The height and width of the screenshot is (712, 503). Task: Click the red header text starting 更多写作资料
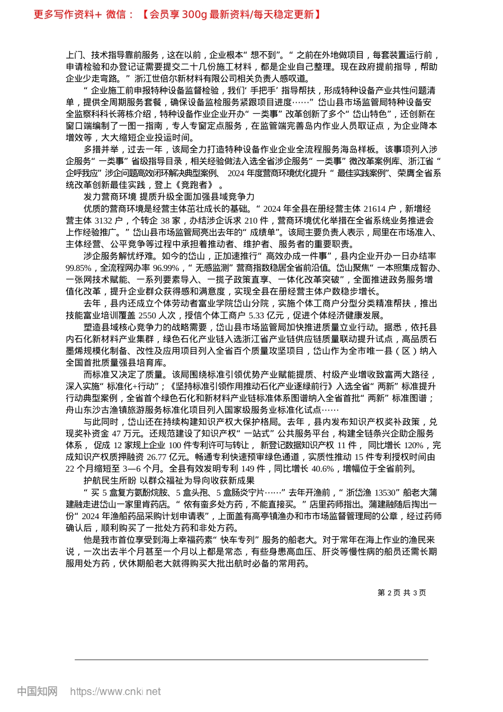point(178,14)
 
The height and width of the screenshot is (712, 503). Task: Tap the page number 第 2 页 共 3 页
point(402,593)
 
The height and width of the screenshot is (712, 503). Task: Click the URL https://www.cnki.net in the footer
point(115,691)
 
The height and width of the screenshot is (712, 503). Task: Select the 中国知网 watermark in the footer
point(37,691)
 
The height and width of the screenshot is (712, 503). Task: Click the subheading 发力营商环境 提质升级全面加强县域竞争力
point(169,197)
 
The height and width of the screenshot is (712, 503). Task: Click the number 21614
point(375,209)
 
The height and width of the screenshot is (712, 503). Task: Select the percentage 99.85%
point(79,268)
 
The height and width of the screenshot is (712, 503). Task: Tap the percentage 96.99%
point(166,268)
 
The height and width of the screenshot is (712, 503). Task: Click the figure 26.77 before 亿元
point(157,457)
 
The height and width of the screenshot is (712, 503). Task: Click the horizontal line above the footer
point(251,660)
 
